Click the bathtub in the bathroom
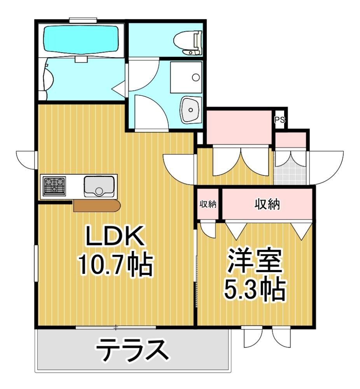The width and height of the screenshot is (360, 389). pyautogui.click(x=81, y=40)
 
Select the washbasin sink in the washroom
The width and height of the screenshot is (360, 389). pyautogui.click(x=190, y=109)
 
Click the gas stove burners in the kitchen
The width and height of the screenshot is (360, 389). pyautogui.click(x=54, y=186)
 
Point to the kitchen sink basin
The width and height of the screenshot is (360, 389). pyautogui.click(x=99, y=186)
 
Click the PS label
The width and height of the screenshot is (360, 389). pyautogui.click(x=280, y=120)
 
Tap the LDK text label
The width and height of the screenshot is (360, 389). pyautogui.click(x=115, y=235)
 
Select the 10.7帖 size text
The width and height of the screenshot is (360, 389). pyautogui.click(x=115, y=264)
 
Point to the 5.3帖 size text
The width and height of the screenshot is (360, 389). pyautogui.click(x=255, y=289)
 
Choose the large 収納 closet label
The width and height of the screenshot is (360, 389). pyautogui.click(x=267, y=205)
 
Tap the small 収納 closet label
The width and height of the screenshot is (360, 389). pyautogui.click(x=208, y=204)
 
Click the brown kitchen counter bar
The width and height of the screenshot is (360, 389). pyautogui.click(x=97, y=206)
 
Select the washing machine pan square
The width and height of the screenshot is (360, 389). pyautogui.click(x=186, y=77)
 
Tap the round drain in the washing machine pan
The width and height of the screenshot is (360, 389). pyautogui.click(x=196, y=77)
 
